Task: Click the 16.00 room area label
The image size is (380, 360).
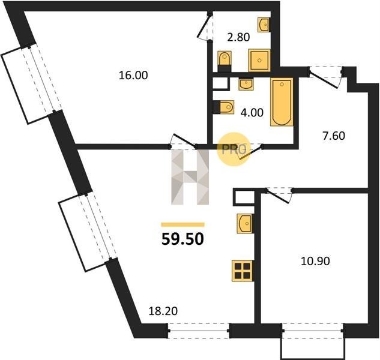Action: [x=133, y=76]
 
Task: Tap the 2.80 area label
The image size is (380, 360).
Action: [x=238, y=38]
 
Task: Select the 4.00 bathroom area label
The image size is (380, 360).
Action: [x=252, y=113]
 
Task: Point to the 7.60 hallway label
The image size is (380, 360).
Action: [x=334, y=136]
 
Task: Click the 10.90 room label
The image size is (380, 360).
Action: [x=315, y=261]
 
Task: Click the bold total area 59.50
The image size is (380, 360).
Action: [x=182, y=239]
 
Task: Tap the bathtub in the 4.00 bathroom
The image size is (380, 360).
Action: [x=282, y=102]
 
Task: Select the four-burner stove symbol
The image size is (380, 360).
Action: [x=243, y=271]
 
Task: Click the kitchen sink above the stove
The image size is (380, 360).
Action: [x=245, y=223]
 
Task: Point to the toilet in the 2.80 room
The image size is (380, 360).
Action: [x=225, y=61]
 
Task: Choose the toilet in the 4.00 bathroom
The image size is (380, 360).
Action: [x=224, y=107]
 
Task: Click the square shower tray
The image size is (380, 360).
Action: [x=259, y=61]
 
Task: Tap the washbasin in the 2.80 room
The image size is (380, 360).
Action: [x=264, y=25]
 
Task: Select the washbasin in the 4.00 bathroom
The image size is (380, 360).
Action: [x=246, y=85]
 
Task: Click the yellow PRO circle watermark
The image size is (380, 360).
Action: [x=234, y=149]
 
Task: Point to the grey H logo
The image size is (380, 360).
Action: [x=190, y=177]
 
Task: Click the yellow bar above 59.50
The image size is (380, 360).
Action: [x=182, y=224]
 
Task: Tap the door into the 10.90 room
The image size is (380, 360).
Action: [x=279, y=195]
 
